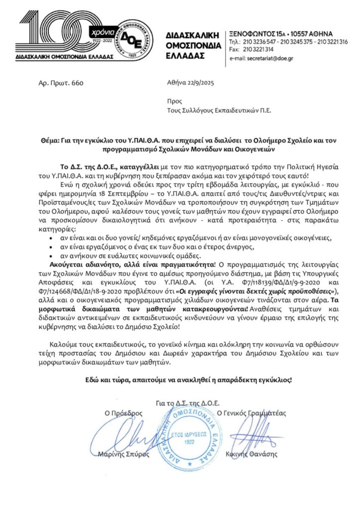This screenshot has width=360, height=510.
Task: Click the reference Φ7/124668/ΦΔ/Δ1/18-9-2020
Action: point(86,286)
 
